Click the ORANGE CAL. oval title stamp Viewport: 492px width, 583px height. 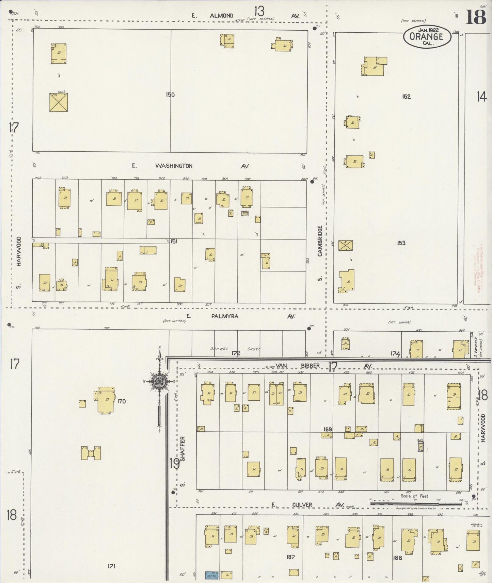pyautogui.click(x=427, y=37)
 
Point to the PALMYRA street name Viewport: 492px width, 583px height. pyautogui.click(x=225, y=316)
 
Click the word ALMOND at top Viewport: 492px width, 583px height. pyautogui.click(x=221, y=16)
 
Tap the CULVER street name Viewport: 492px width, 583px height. pyautogui.click(x=302, y=505)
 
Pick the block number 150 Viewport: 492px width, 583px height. pyautogui.click(x=170, y=95)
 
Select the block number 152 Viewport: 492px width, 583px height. pyautogui.click(x=406, y=97)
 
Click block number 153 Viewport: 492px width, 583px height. pyautogui.click(x=401, y=243)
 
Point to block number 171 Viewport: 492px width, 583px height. pyautogui.click(x=111, y=566)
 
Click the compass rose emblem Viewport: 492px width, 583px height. pyautogui.click(x=159, y=381)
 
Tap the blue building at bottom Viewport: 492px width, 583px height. pyautogui.click(x=211, y=575)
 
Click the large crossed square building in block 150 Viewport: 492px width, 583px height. pyautogui.click(x=59, y=102)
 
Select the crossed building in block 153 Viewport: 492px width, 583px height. pyautogui.click(x=346, y=245)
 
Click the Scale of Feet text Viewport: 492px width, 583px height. pyautogui.click(x=415, y=496)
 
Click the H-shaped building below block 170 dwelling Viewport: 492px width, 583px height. pyautogui.click(x=91, y=453)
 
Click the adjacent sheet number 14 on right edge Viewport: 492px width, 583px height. pyautogui.click(x=481, y=97)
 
